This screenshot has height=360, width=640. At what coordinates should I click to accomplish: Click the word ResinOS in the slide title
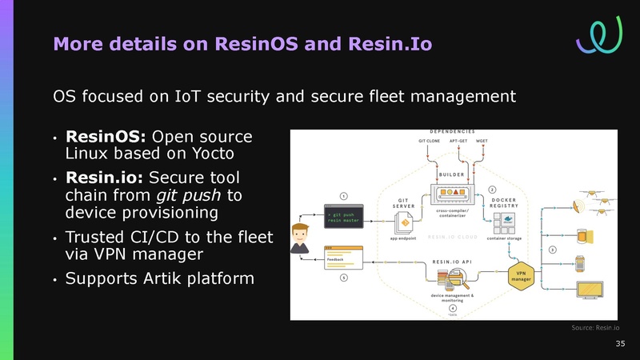[x=250, y=43]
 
